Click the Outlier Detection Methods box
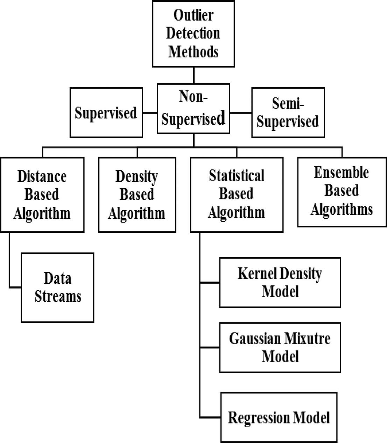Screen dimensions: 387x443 (193, 34)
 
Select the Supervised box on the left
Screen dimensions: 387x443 (106, 112)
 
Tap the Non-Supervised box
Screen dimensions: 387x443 (193, 109)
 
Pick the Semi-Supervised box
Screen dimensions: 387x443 (288, 112)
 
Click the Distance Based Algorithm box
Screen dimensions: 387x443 (42, 195)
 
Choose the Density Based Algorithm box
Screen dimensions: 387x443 (137, 195)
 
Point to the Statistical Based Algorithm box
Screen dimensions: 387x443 (237, 195)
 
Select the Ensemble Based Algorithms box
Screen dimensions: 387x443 (342, 192)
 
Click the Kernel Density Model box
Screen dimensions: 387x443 (280, 283)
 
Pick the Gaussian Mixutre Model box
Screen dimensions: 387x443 (280, 348)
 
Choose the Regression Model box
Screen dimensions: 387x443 (279, 417)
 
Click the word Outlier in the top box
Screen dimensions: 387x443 (193, 15)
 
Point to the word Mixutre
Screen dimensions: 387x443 (308, 339)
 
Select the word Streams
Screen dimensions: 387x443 (58, 296)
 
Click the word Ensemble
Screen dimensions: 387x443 (341, 173)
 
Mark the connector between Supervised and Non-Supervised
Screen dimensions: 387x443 (150, 113)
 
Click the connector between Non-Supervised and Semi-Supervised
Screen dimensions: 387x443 (241, 113)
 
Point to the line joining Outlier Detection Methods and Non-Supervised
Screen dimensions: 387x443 (193, 75)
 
